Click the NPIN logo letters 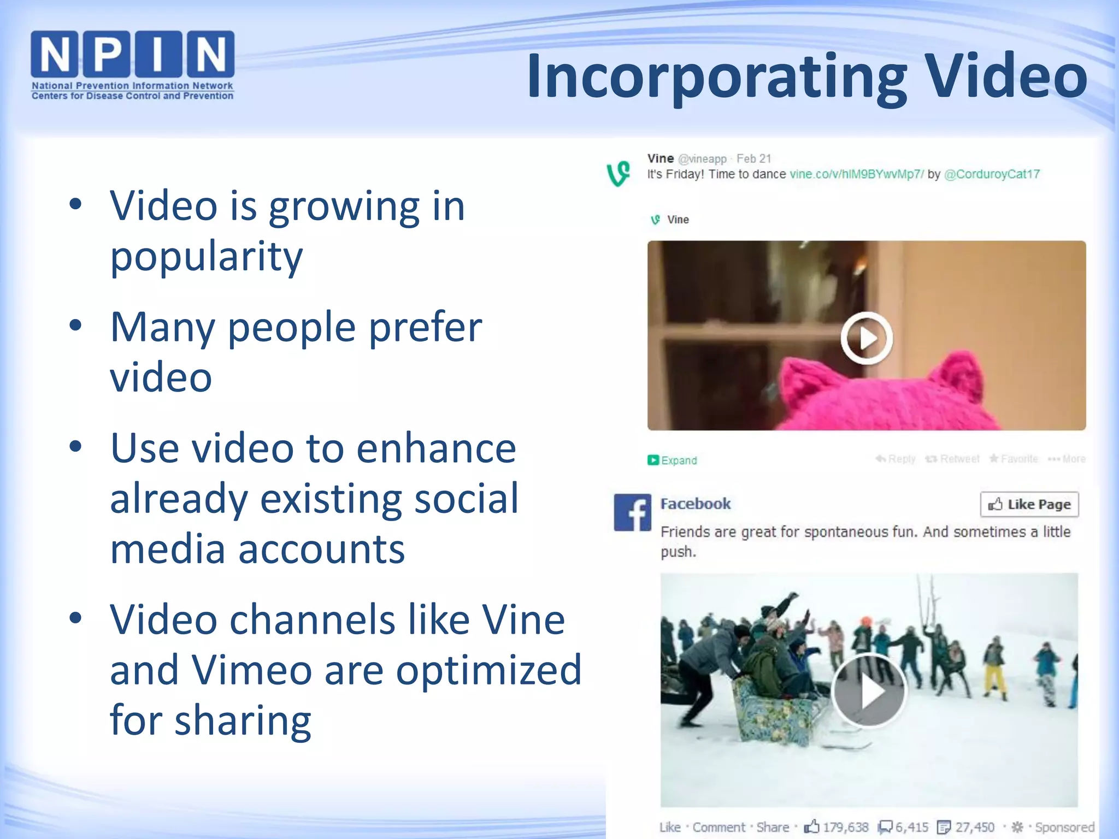click(x=132, y=54)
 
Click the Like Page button click(x=1029, y=504)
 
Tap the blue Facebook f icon click(x=632, y=512)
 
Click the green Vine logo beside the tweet click(x=619, y=174)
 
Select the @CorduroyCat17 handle click(x=992, y=174)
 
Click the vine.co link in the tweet click(x=856, y=174)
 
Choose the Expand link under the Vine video click(x=673, y=460)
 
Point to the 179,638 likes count click(x=845, y=827)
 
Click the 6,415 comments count click(x=911, y=827)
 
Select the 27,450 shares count click(x=974, y=827)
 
